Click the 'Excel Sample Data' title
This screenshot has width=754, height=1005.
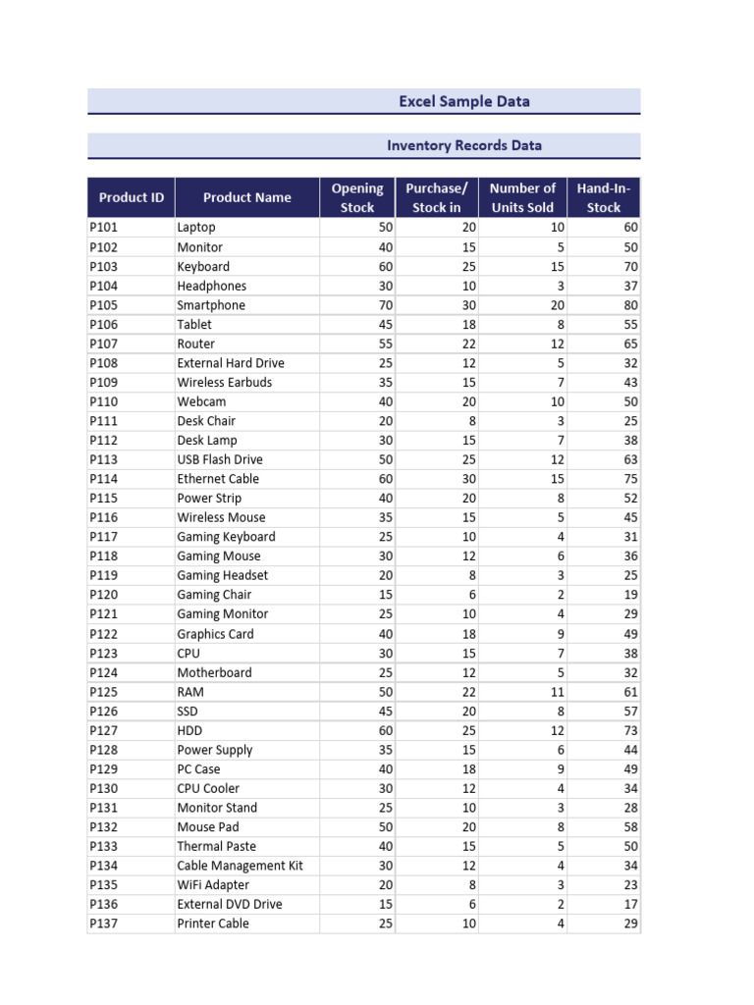tap(463, 101)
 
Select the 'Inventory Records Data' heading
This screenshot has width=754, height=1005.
tap(463, 145)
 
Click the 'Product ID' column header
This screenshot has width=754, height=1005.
tap(131, 197)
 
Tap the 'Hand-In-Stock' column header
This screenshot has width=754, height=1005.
tap(603, 197)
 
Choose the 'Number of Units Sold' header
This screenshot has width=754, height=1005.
tap(521, 197)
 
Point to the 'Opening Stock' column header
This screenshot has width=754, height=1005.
tap(357, 197)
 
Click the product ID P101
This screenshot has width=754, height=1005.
tap(103, 228)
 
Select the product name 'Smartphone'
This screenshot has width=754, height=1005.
tap(211, 305)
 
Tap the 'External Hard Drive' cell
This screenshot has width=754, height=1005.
tap(231, 363)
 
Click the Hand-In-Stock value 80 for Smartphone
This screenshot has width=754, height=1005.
tap(629, 305)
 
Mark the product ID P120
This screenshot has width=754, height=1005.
tap(103, 595)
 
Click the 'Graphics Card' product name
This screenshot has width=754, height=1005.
tap(215, 634)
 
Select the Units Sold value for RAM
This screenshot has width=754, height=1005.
tap(557, 692)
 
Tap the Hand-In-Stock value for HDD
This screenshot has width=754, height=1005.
tap(629, 730)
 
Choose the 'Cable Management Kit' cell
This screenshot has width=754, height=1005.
tap(240, 866)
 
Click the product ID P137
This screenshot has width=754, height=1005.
tap(103, 924)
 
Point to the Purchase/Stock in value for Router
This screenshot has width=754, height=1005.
tap(468, 344)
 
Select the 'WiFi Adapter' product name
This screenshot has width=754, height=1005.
tap(213, 885)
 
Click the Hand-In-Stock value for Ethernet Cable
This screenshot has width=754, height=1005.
tap(629, 479)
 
